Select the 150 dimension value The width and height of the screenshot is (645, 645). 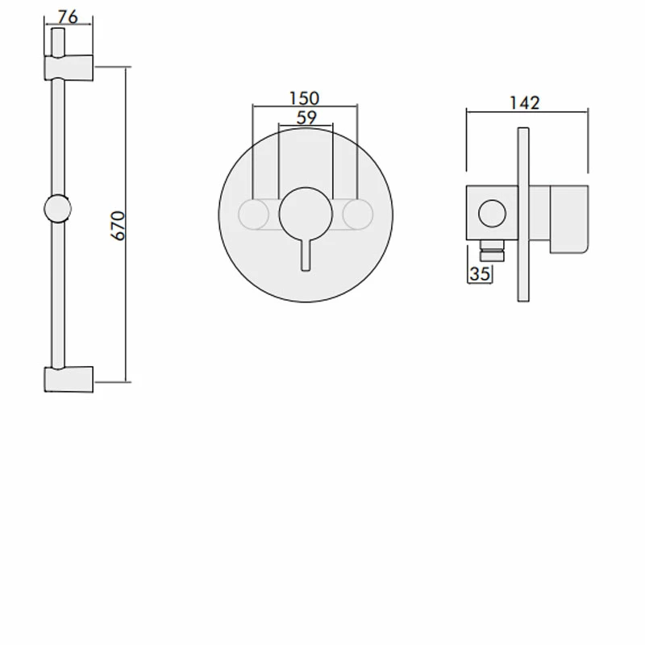point(305,98)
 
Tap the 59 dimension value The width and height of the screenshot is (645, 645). point(305,117)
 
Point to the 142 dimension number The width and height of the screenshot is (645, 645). point(525,102)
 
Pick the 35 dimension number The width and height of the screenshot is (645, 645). point(480,274)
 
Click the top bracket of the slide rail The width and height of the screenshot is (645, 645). point(68,67)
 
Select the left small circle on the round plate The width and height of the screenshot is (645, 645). point(254,214)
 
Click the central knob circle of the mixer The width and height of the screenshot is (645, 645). point(305,214)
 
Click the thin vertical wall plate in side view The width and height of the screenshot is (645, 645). point(522,214)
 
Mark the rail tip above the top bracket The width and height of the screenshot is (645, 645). point(57,40)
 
